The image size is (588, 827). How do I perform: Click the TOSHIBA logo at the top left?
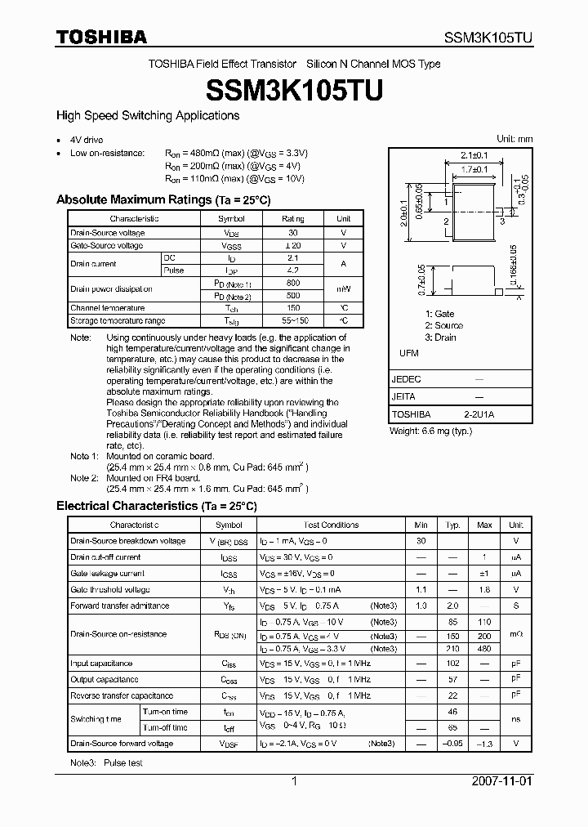click(x=100, y=37)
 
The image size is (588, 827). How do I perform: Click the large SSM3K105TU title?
click(x=293, y=91)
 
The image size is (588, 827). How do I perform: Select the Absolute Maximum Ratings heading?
click(x=163, y=199)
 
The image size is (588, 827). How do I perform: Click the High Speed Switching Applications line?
click(x=147, y=115)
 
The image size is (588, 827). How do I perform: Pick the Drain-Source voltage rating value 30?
click(x=292, y=233)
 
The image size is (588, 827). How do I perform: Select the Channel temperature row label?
click(x=107, y=308)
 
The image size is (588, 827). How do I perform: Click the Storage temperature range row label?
click(x=117, y=320)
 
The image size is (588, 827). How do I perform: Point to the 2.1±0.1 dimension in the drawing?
click(x=474, y=155)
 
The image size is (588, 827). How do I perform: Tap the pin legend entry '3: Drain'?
click(x=440, y=338)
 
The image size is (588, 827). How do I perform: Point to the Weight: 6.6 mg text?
click(x=430, y=430)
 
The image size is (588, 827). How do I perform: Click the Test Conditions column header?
click(x=331, y=525)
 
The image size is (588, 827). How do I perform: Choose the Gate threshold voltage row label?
click(x=109, y=589)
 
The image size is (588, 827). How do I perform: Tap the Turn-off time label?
click(x=166, y=727)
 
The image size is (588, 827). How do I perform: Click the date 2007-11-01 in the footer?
click(x=501, y=781)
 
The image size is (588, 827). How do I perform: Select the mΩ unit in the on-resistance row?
click(x=515, y=634)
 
